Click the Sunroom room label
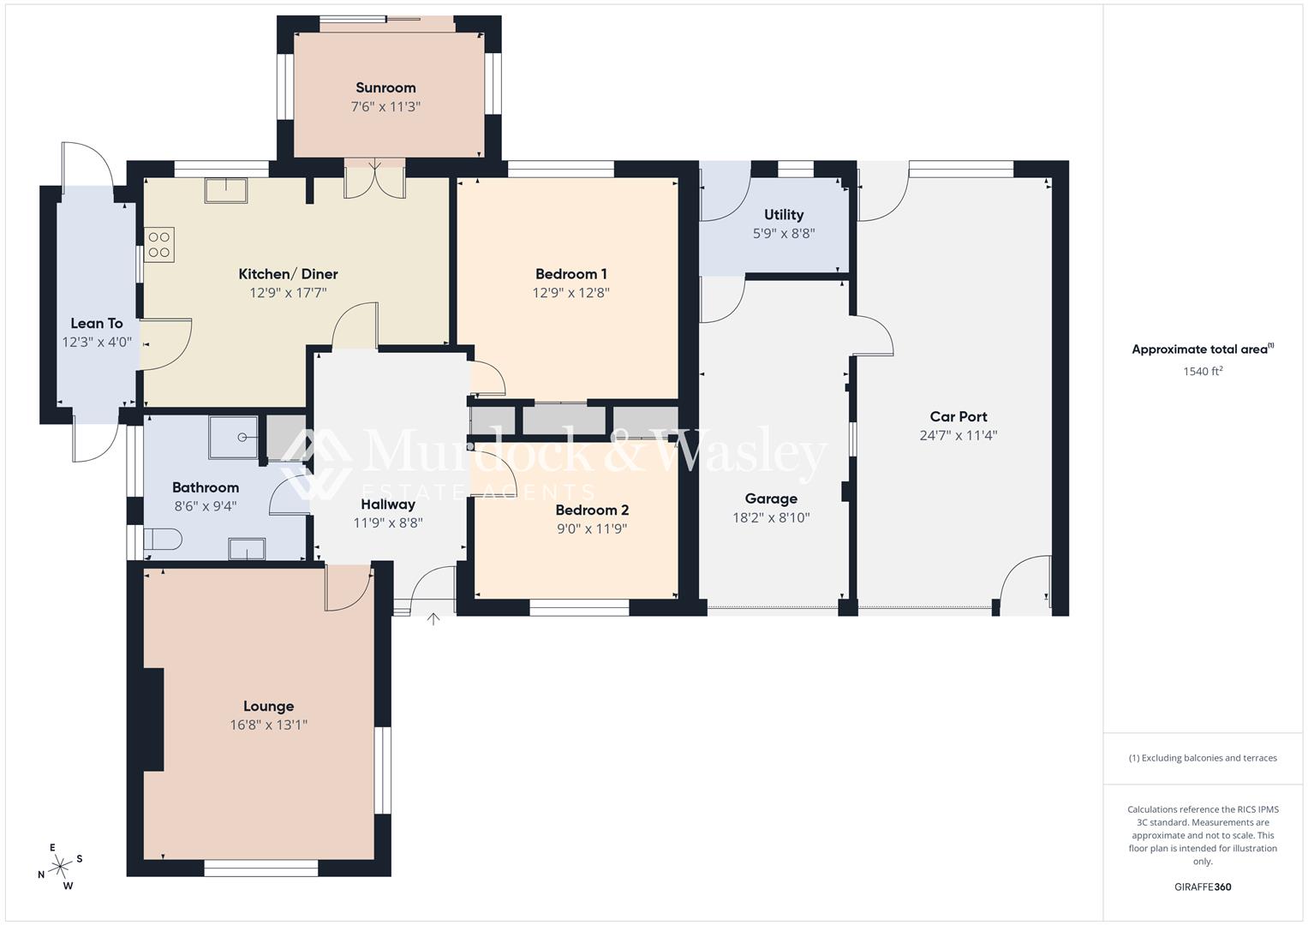pos(385,87)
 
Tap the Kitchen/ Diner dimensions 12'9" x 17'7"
pos(288,293)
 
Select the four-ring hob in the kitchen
pos(159,244)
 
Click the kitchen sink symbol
pos(226,189)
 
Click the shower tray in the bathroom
pos(234,438)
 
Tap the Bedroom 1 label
pos(570,274)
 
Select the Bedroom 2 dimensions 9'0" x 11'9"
pos(591,528)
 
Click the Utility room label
pos(783,214)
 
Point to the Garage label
pos(770,498)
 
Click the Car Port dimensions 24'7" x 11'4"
pos(958,435)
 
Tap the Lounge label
pos(268,706)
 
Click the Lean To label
pos(96,323)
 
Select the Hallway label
pos(387,504)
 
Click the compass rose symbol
pos(59,867)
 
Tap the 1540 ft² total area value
pos(1202,371)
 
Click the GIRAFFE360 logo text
pos(1202,886)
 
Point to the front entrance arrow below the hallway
pos(433,618)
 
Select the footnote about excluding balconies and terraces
pos(1202,758)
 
